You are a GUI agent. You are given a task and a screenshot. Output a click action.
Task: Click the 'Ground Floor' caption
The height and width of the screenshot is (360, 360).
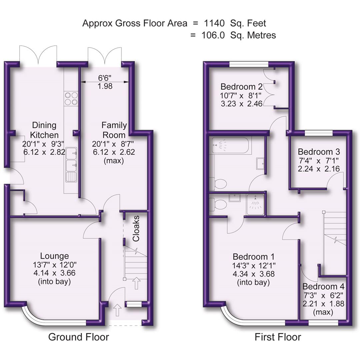point(78,337)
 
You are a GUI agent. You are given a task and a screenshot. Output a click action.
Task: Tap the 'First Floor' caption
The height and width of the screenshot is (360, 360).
point(278,337)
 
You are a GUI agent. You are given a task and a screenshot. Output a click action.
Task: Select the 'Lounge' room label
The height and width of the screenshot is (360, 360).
point(54,256)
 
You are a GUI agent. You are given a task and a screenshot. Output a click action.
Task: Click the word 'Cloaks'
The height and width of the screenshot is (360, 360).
point(136,229)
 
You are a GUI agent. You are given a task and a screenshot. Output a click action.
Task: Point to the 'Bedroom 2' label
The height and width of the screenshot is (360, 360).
point(241,87)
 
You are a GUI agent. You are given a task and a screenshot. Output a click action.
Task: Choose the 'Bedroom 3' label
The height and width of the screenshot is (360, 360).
point(320,152)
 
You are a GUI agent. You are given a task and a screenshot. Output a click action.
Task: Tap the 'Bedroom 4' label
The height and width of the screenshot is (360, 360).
point(323,287)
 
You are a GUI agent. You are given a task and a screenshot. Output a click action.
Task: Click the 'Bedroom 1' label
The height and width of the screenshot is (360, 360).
point(253,257)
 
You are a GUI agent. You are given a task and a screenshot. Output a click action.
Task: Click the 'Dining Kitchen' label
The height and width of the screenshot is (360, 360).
point(44,130)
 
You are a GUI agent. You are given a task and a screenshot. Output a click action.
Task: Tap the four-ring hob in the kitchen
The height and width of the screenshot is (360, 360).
point(70,98)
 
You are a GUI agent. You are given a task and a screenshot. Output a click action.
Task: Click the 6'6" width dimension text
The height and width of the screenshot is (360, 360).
point(105,78)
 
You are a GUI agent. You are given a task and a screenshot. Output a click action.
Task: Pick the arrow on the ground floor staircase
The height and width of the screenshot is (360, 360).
point(136,283)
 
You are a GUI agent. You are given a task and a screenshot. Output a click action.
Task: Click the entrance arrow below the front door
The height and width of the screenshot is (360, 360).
point(117,310)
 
